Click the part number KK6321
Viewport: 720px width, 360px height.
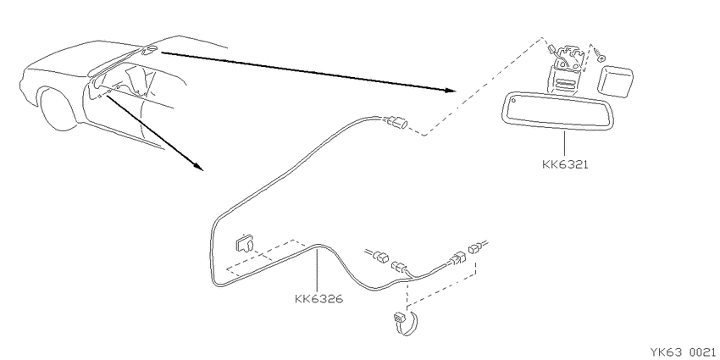tap(565, 164)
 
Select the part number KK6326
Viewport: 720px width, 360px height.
tap(318, 299)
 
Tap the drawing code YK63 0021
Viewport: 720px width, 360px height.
tap(684, 352)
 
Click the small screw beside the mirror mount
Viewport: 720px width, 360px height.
tap(598, 54)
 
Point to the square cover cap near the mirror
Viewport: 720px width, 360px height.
tap(615, 80)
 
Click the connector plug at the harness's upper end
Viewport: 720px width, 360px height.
tap(397, 122)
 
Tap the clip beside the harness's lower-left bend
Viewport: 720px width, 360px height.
tap(245, 244)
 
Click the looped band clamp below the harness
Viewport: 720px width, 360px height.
tap(407, 323)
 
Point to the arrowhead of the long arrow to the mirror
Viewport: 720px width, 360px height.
tap(451, 91)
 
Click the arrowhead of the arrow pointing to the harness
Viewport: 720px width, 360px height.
tap(197, 166)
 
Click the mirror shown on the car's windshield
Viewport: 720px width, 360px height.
tap(150, 50)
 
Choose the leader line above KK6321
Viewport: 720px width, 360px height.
tap(564, 144)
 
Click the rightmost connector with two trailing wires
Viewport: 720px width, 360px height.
tap(477, 246)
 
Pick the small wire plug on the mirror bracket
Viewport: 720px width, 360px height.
tap(552, 48)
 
